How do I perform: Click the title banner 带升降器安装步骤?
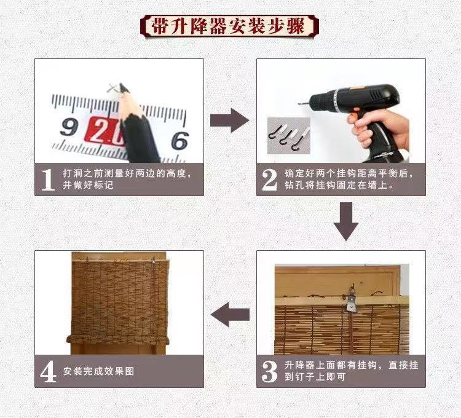point(230,26)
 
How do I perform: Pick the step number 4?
point(48,371)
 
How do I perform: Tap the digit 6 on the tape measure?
point(179,141)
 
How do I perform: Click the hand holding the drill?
point(380,129)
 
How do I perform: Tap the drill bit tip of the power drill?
point(301,104)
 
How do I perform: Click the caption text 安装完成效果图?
point(98,371)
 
